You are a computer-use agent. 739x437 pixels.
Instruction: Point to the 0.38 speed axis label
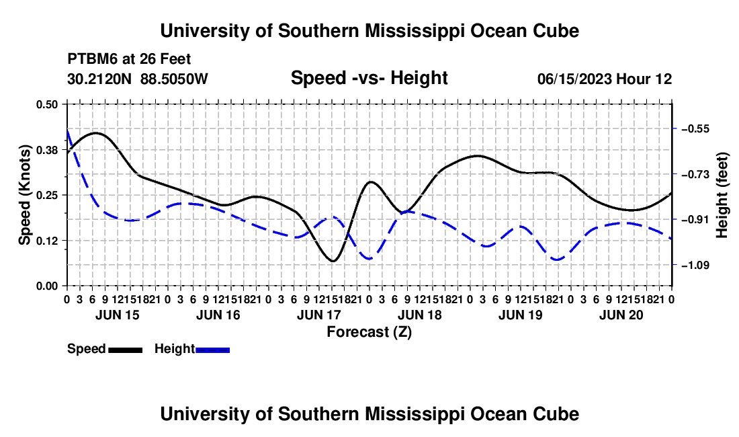coord(46,150)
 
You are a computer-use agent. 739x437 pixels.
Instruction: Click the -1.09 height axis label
coord(695,266)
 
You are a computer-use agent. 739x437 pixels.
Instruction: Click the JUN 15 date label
coord(118,315)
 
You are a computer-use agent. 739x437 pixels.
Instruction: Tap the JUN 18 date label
coord(419,315)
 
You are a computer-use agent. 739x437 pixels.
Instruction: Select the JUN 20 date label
coord(621,315)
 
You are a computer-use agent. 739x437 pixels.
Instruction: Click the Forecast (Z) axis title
coord(369,332)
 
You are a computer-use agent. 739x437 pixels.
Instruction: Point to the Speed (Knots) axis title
coord(24,195)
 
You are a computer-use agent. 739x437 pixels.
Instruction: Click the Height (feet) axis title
coord(722,195)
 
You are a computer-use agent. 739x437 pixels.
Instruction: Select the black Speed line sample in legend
coord(126,350)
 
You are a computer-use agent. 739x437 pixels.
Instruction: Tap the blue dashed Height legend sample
coord(212,350)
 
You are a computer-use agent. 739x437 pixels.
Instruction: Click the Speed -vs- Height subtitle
coord(369,78)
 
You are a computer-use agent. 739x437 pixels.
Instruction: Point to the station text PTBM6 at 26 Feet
coord(129,59)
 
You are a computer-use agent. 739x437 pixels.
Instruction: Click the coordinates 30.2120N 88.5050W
coord(138,79)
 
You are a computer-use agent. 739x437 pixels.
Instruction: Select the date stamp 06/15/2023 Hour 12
coord(605,79)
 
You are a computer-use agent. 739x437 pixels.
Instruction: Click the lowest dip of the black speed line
coord(333,261)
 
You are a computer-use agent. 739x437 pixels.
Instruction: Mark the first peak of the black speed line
coord(96,133)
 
